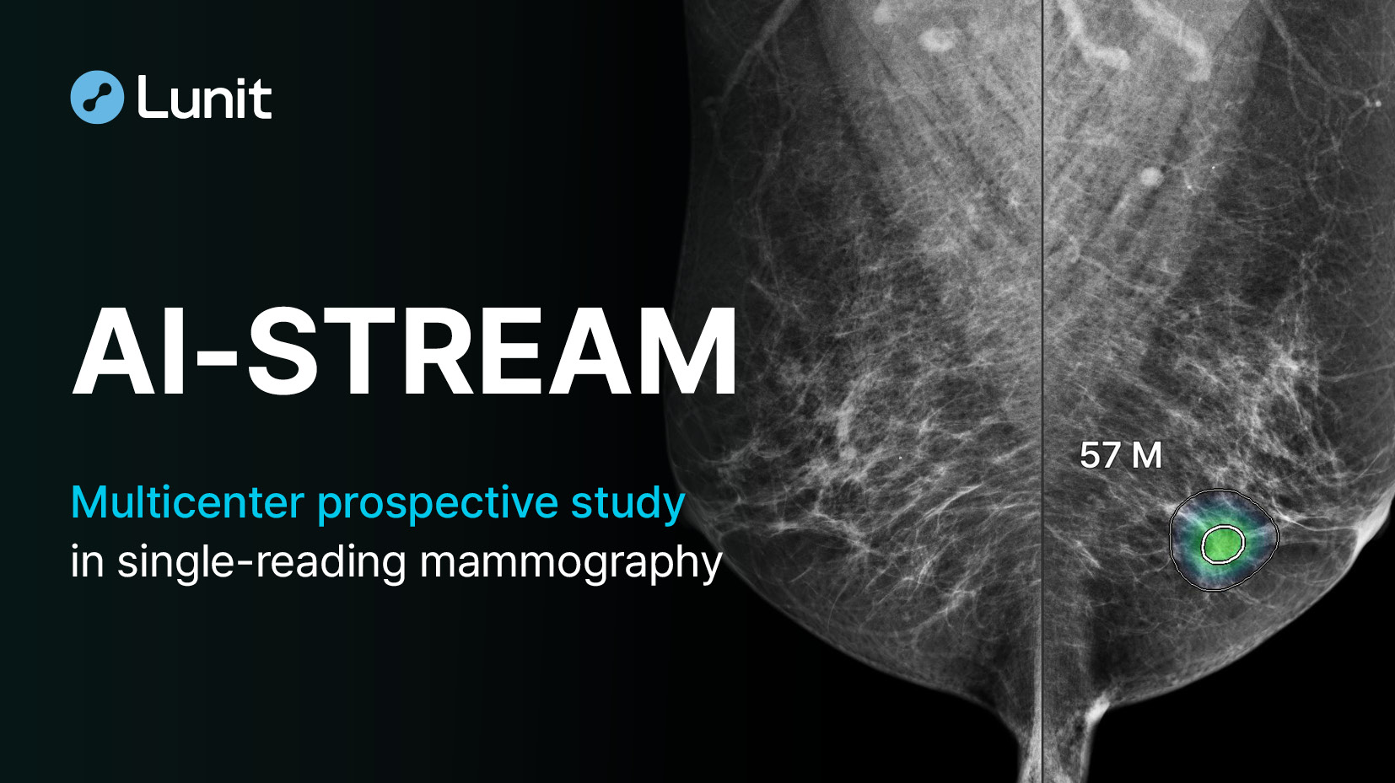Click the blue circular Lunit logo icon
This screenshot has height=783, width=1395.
coord(97,97)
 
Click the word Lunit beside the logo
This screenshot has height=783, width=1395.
coord(204,96)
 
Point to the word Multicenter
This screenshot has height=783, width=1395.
coord(187,502)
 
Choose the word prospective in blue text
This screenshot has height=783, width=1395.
coord(437,507)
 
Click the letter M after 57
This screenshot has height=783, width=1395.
coord(1146,456)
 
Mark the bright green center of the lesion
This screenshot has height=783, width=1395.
coord(1222,544)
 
